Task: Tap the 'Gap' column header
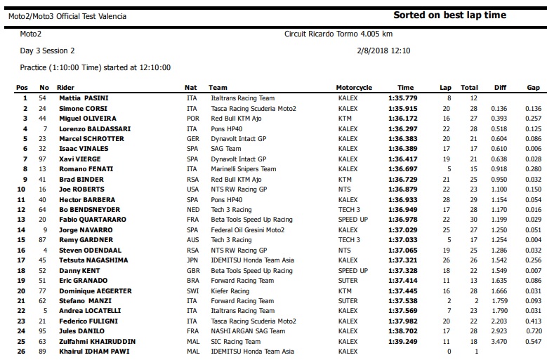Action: pos(533,88)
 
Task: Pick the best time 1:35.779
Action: pos(402,98)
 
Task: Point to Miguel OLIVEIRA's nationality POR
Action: pos(192,119)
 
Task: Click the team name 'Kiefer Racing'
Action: pos(229,291)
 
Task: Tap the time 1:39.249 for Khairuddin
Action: pos(402,341)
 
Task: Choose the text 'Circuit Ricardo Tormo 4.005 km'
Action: pos(338,34)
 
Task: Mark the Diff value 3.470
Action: pos(499,341)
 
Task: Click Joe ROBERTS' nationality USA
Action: pos(192,189)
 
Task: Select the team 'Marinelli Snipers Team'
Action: pos(242,169)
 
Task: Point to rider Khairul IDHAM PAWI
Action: pos(88,351)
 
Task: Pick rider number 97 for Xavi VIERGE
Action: pos(42,159)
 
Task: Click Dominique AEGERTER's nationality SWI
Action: pos(192,291)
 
